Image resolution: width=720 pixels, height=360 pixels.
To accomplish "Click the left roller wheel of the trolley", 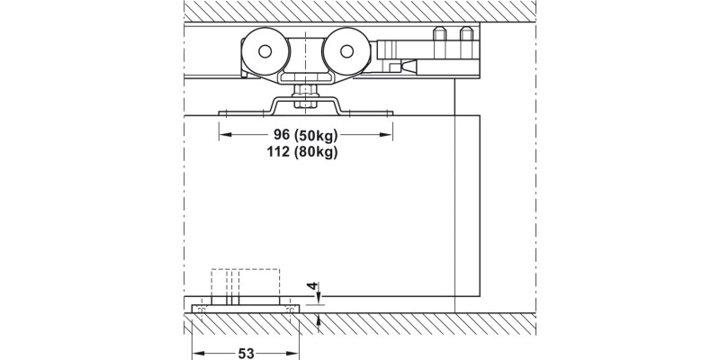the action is (265, 51).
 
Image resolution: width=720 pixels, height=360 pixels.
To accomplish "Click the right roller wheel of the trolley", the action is (346, 51).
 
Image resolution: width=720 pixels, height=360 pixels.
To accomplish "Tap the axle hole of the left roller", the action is (265, 51).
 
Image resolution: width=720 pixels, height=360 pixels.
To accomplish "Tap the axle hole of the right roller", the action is (346, 51).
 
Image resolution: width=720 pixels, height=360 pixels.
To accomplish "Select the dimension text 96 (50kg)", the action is (305, 135).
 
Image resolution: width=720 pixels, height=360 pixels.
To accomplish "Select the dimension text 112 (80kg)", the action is (302, 152).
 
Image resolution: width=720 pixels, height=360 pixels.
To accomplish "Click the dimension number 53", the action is (246, 353).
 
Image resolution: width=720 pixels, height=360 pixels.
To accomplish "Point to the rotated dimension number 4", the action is (312, 286).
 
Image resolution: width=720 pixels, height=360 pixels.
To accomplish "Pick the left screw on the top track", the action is (439, 33).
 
